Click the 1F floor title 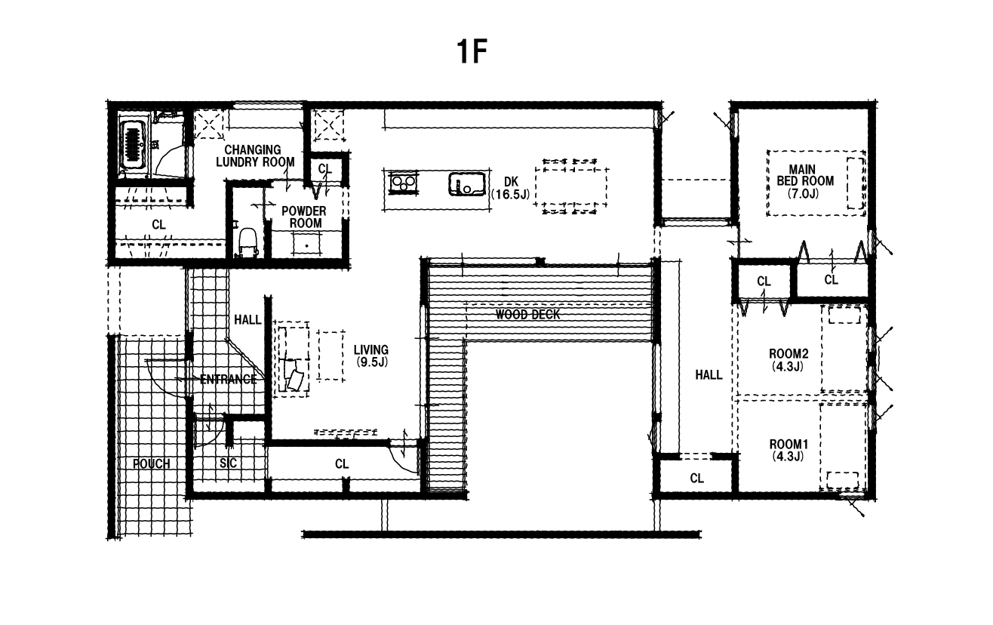472,51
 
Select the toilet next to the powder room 247,242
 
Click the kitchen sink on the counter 467,184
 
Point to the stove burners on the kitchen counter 403,183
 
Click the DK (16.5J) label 511,188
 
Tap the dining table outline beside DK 571,186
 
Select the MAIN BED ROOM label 804,181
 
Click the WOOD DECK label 527,315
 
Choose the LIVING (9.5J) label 371,356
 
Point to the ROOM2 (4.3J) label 789,360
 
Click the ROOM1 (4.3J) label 789,450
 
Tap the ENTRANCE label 228,379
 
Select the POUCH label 151,464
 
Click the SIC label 228,463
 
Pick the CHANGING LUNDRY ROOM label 255,155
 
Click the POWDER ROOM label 304,217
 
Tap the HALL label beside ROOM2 709,375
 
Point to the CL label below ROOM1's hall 696,478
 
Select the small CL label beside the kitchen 325,168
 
